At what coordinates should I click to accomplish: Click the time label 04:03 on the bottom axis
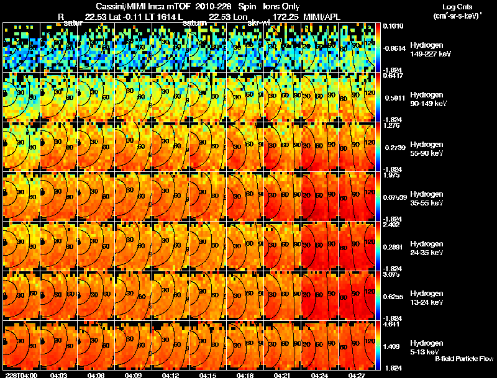(59, 374)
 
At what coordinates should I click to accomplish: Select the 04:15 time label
(208, 374)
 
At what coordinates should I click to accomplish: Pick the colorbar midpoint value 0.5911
(393, 97)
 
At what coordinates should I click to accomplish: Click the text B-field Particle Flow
(463, 359)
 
